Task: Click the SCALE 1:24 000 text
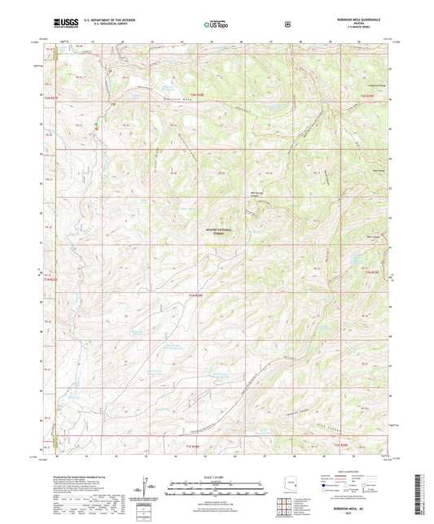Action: coord(216,476)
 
